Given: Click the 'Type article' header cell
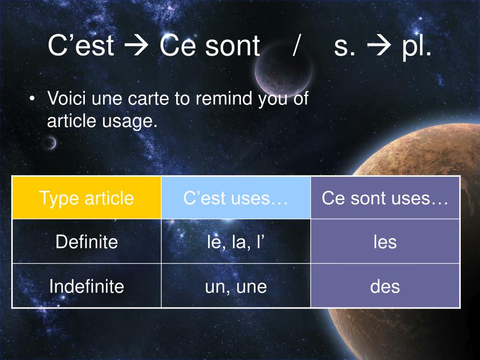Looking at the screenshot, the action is [x=87, y=198].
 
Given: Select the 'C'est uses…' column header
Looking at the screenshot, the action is [x=236, y=198].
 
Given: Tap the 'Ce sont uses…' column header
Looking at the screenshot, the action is [x=385, y=198].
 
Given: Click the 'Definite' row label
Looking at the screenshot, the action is [x=87, y=241].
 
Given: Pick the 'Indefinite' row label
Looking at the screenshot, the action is [x=87, y=286].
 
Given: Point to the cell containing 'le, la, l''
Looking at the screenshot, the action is [x=236, y=241].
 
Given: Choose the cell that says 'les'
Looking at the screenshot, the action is [x=385, y=241].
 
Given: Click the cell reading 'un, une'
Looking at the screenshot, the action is [x=236, y=286].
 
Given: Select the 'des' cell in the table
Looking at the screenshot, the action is [x=385, y=286].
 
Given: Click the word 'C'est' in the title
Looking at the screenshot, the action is [x=81, y=45].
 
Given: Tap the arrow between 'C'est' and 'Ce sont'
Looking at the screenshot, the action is [x=136, y=46].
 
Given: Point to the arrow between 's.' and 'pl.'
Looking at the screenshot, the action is [x=379, y=46].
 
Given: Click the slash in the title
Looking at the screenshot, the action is [x=296, y=45].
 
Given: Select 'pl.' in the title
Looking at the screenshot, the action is [x=417, y=47].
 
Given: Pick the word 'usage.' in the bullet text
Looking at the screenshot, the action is [x=130, y=121].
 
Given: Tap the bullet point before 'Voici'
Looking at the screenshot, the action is [x=32, y=98].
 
